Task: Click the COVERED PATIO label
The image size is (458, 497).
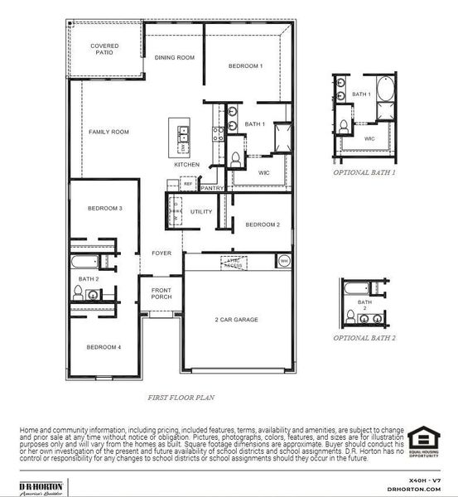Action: pos(104,49)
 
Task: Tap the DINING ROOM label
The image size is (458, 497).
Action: pos(174,57)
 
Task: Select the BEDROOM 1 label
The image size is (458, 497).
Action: pos(245,65)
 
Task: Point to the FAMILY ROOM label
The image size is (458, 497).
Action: pos(108,132)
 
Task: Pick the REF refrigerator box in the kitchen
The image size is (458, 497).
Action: pos(188,184)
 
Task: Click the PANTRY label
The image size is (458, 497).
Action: pos(212,188)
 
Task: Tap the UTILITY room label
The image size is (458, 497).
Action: pos(201,212)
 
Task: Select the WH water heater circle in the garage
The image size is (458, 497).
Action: pos(283,261)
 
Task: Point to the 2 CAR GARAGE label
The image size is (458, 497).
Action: pos(237,319)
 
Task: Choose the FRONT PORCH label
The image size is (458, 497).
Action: pos(162,293)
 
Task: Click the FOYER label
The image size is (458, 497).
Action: pos(161,253)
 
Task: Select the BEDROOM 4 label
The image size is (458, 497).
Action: pos(105,347)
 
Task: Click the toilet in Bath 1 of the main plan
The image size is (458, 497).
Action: pos(235,158)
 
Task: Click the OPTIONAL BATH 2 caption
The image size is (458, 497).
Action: pos(364,338)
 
